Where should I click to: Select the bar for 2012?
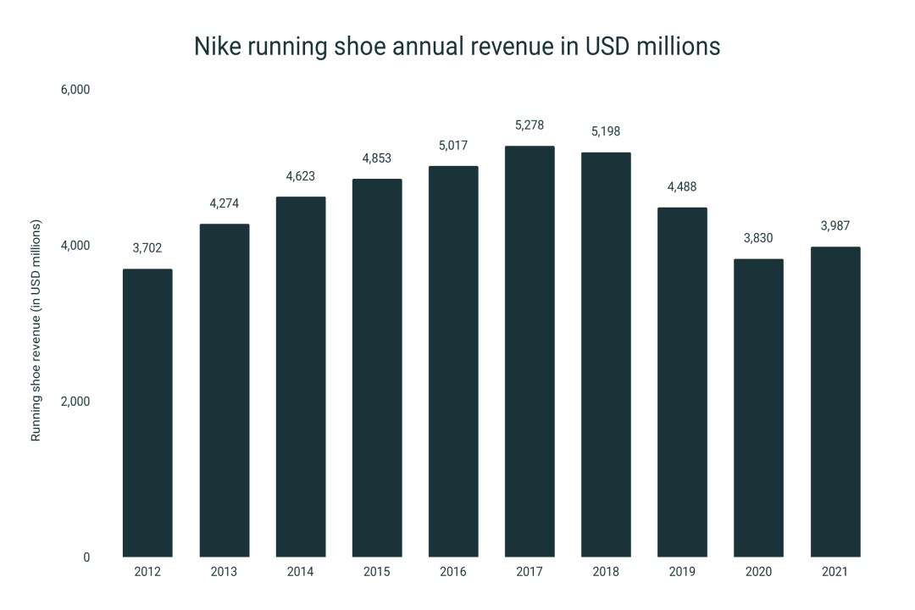pyautogui.click(x=147, y=413)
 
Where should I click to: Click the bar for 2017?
pyautogui.click(x=530, y=352)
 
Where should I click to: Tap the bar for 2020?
pyautogui.click(x=758, y=408)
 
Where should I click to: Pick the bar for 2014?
pyautogui.click(x=301, y=377)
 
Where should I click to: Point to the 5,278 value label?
pyautogui.click(x=530, y=125)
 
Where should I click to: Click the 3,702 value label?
pyautogui.click(x=147, y=248)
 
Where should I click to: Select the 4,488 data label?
pyautogui.click(x=682, y=187)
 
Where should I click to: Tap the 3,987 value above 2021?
pyautogui.click(x=835, y=226)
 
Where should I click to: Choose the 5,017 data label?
pyautogui.click(x=453, y=146)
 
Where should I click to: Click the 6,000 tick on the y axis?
pyautogui.click(x=75, y=90)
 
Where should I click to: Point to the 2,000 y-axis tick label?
pyautogui.click(x=75, y=402)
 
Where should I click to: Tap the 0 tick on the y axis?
pyautogui.click(x=86, y=557)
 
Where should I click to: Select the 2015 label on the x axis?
pyautogui.click(x=377, y=572)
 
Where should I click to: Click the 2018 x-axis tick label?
pyautogui.click(x=606, y=572)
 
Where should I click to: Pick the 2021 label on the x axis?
pyautogui.click(x=835, y=572)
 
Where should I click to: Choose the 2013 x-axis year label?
pyautogui.click(x=224, y=572)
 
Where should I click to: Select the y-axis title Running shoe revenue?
pyautogui.click(x=36, y=330)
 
